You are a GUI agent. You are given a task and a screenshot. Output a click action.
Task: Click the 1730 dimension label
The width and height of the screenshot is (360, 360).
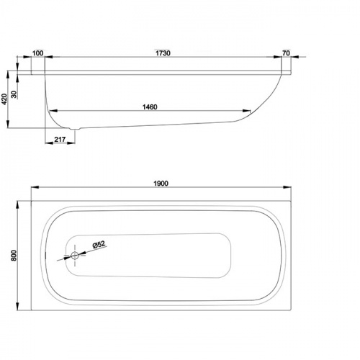coord(163,53)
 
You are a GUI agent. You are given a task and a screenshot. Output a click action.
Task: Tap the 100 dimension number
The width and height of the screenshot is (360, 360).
coord(37,53)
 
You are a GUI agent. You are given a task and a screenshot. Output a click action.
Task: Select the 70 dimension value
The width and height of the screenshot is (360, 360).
coord(286,53)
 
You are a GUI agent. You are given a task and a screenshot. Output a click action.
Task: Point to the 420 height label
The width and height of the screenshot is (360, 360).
coord(4,99)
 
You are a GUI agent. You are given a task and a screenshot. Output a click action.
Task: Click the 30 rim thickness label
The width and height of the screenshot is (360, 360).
coord(14,94)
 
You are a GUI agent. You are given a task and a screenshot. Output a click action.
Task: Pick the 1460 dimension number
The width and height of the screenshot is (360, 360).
coord(150,107)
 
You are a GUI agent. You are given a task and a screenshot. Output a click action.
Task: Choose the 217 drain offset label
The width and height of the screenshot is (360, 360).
coord(60,139)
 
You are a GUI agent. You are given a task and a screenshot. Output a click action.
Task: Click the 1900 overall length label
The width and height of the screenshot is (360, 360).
coord(161,184)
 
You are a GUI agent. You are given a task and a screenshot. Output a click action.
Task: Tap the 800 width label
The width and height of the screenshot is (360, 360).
coord(14,256)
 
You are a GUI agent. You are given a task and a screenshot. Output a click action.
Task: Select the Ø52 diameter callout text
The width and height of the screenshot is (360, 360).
coord(99,245)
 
